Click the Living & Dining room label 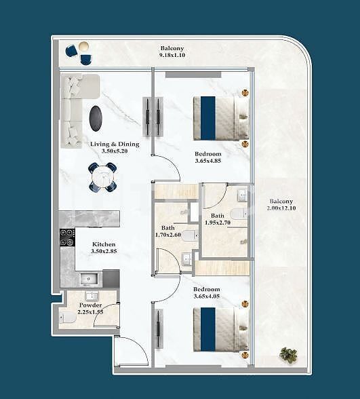(115, 144)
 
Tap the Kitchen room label (104, 244)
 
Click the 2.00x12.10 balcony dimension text (281, 208)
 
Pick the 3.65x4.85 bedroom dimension (207, 161)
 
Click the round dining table (102, 177)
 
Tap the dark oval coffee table (97, 118)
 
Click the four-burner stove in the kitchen (67, 237)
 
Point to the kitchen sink (87, 278)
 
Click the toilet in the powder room (68, 318)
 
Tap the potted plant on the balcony (289, 354)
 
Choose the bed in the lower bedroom (220, 330)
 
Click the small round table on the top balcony (83, 46)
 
